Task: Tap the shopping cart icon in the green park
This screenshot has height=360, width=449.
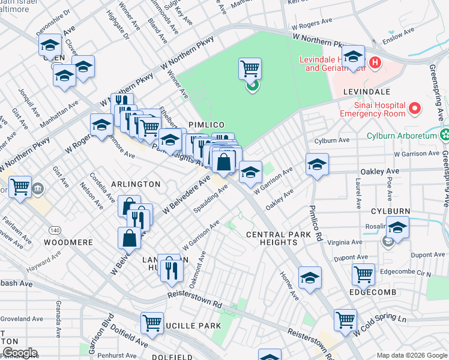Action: tap(250, 68)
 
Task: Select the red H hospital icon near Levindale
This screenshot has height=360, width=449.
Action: tap(375, 62)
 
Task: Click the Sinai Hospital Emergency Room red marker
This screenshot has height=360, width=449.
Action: tap(414, 109)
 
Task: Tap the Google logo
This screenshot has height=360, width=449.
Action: tap(19, 353)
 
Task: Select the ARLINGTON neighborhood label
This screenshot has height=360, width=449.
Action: tap(136, 184)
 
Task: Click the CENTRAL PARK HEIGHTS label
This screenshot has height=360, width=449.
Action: tap(272, 238)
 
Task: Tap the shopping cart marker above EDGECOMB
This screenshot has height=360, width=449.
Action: tap(363, 274)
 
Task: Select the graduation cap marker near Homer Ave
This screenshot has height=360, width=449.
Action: tap(310, 277)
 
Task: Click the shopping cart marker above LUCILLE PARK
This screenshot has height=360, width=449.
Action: tap(152, 322)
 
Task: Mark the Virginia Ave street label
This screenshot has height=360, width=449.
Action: tap(345, 242)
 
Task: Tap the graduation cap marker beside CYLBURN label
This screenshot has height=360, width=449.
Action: tap(397, 227)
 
